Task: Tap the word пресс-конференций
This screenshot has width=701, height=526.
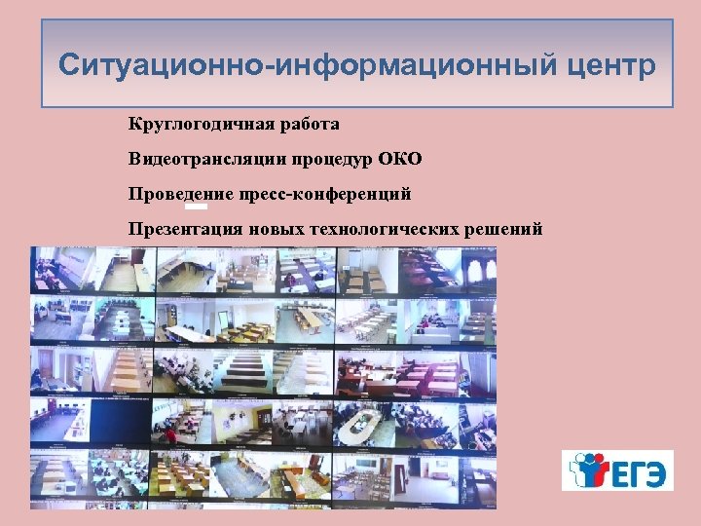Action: click(325, 194)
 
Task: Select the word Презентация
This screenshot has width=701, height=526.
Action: click(185, 229)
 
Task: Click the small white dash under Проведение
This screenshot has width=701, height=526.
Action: click(196, 207)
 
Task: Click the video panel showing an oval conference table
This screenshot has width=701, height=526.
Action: click(359, 422)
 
